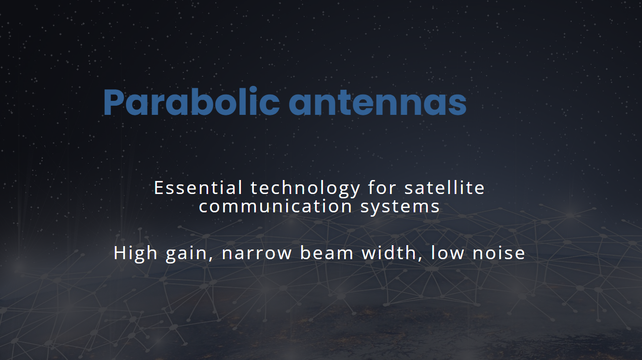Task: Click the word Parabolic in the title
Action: pyautogui.click(x=191, y=102)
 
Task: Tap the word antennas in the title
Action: pyautogui.click(x=377, y=102)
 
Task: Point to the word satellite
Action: pyautogui.click(x=445, y=188)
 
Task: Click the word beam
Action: pyautogui.click(x=327, y=253)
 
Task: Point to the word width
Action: pyautogui.click(x=391, y=253)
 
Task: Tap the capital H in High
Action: pyautogui.click(x=120, y=253)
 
